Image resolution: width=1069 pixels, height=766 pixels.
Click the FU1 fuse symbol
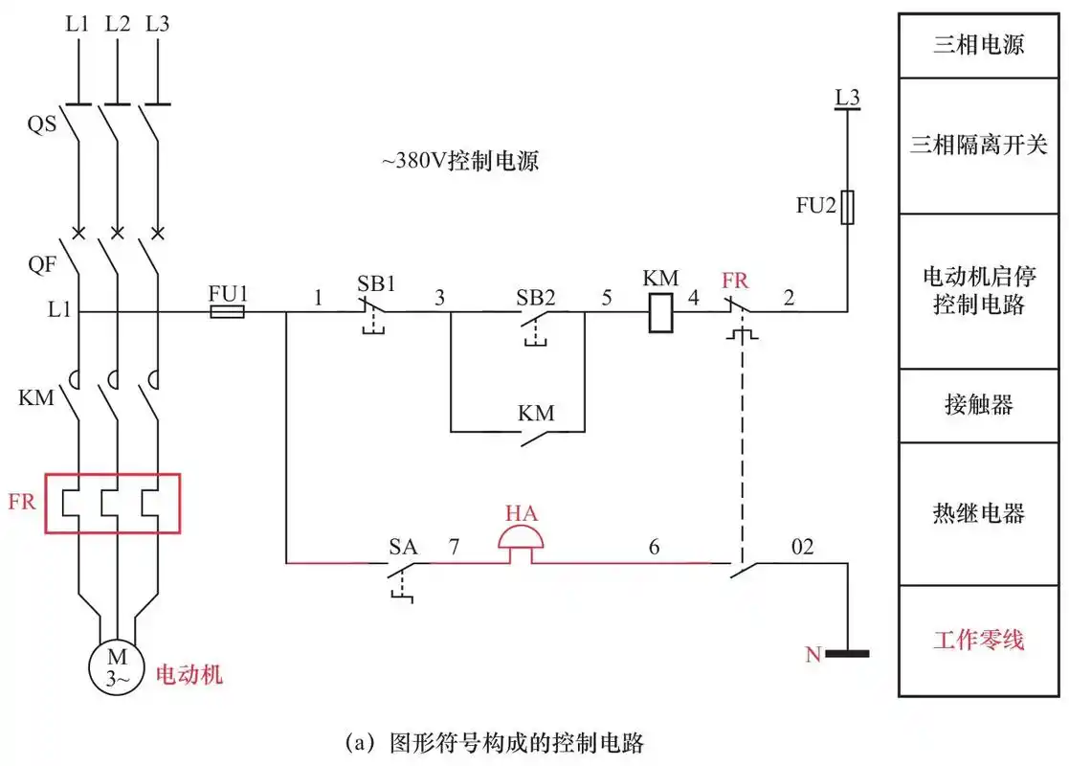[227, 311]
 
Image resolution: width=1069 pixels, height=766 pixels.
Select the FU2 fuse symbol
[847, 207]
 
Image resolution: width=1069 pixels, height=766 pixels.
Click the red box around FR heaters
[113, 503]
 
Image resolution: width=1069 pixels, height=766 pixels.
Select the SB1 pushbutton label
[376, 284]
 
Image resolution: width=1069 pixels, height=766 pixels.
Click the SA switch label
[403, 548]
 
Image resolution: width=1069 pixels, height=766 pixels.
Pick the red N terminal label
[813, 655]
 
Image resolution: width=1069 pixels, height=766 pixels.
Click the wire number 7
[455, 548]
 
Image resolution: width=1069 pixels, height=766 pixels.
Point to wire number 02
[801, 548]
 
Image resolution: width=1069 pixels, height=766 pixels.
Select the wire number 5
[606, 298]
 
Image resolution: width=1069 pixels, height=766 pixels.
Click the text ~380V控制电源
[461, 161]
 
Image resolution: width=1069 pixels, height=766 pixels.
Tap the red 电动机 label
[189, 674]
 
